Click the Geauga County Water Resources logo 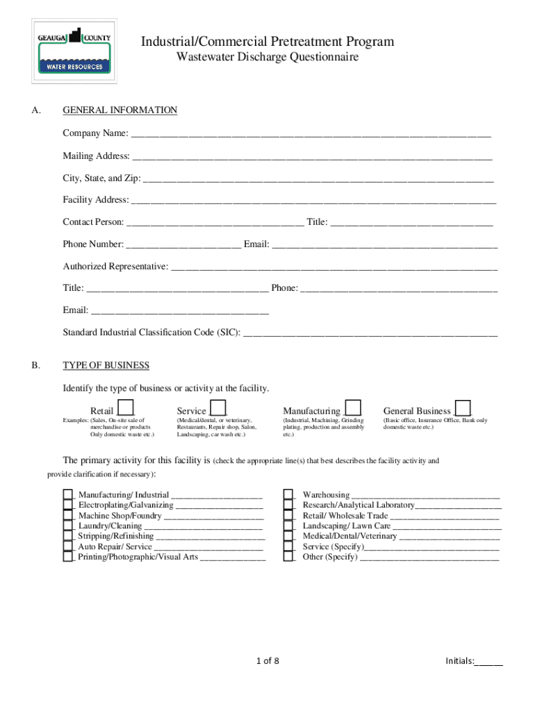tap(74, 51)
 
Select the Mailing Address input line tap(311, 156)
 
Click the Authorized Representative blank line tap(334, 267)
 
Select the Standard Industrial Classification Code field tap(370, 333)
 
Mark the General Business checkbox tap(463, 408)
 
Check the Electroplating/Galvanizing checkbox tap(68, 505)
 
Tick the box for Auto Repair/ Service tap(68, 546)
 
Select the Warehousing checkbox tap(288, 495)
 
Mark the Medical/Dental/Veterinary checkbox tap(288, 536)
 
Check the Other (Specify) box tap(288, 557)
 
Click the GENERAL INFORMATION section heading tap(120, 110)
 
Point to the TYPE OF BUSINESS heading tap(106, 366)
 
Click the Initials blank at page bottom tap(488, 662)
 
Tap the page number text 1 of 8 tap(267, 661)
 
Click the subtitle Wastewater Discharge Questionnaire tap(267, 58)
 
